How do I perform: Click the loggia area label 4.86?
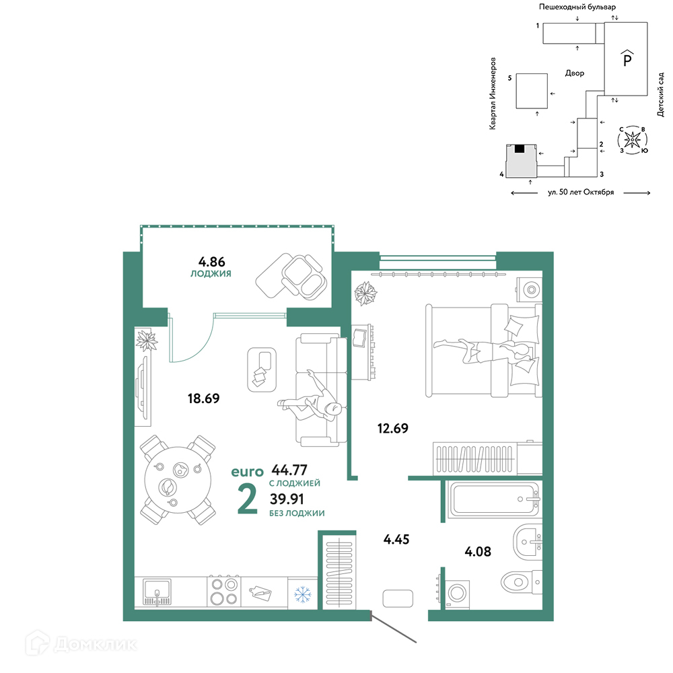point(211,261)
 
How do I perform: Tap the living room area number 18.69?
point(203,398)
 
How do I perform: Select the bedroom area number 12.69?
point(393,428)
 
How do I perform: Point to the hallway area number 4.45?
point(396,539)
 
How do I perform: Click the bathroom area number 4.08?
point(478,551)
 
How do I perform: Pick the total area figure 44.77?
point(289,470)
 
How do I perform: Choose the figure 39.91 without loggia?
point(287,499)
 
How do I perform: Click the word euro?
point(247,472)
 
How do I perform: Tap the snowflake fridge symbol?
point(303,594)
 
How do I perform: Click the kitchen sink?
point(157,592)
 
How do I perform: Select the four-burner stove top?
point(224,592)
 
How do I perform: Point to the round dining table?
point(178,481)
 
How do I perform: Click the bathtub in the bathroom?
point(493,499)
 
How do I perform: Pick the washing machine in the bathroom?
point(456,594)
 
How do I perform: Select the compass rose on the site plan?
point(632,139)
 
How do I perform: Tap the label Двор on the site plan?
point(575,73)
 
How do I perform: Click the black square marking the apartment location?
point(520,149)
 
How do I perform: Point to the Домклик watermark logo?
point(81,644)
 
